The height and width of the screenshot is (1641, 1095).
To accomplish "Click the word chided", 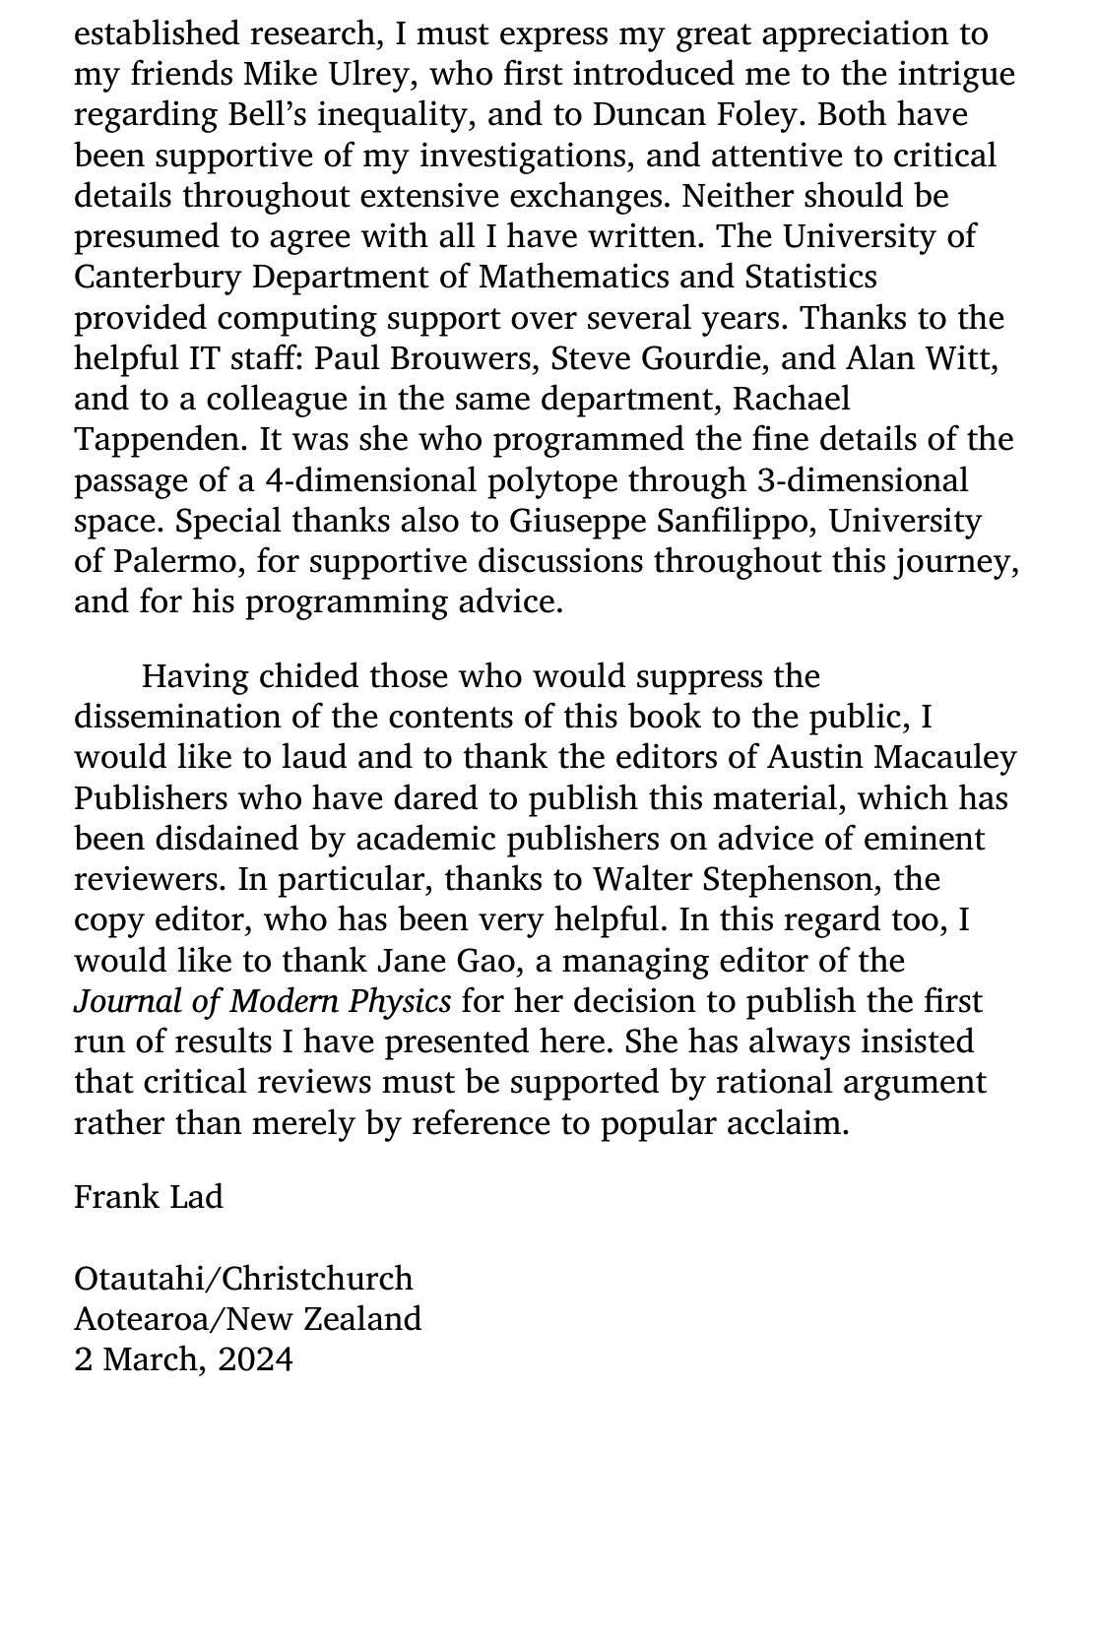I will point(308,676).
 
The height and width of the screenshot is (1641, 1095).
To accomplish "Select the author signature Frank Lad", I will point(149,1197).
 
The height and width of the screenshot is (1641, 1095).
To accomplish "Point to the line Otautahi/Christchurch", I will point(243,1279).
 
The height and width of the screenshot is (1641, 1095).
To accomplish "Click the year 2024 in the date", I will point(256,1359).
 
